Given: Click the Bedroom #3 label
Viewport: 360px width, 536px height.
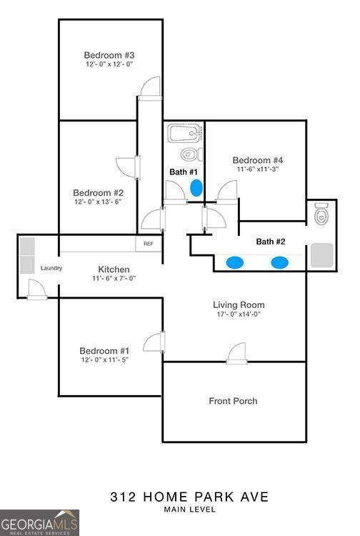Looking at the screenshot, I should (109, 55).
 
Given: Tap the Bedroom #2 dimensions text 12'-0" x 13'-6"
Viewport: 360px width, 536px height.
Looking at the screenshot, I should (98, 202).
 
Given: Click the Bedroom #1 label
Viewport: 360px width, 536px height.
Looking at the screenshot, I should (104, 350).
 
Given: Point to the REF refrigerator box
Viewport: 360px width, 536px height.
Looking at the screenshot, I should (148, 244).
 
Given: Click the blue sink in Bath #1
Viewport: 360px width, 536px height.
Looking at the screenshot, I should (196, 189).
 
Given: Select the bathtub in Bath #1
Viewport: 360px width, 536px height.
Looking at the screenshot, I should (185, 134).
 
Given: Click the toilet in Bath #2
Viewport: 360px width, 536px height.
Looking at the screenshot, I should (321, 213).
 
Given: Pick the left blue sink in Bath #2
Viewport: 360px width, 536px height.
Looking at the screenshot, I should (234, 262).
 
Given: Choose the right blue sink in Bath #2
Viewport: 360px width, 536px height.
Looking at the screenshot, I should (279, 262).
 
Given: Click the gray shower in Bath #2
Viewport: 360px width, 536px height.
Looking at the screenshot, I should (321, 254).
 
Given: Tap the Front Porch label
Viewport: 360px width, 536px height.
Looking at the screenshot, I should (233, 401).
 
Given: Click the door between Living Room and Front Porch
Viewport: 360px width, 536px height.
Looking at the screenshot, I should (236, 353).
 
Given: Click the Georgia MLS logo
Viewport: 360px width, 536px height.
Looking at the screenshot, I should (40, 522).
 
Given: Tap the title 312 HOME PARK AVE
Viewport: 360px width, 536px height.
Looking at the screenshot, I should (179, 495).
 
